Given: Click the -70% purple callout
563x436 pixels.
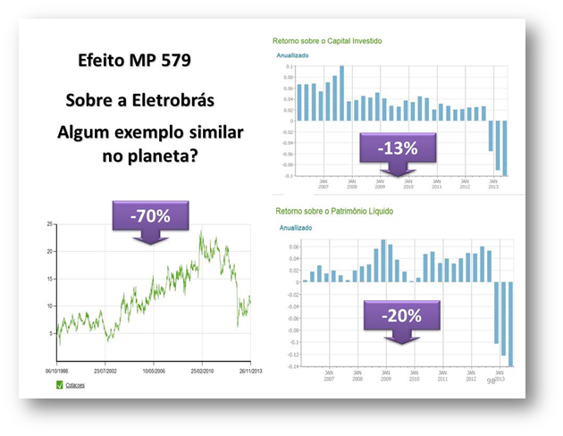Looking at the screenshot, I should (x=150, y=216).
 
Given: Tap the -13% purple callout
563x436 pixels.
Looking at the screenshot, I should (x=398, y=148).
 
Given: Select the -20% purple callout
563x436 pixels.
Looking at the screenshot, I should (x=399, y=315).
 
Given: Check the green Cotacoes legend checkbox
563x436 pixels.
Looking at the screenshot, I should (x=60, y=385).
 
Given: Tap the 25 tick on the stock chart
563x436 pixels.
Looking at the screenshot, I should (x=50, y=223).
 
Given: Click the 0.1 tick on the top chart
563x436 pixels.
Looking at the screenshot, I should (x=289, y=66).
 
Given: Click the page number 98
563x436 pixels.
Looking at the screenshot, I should (x=491, y=381).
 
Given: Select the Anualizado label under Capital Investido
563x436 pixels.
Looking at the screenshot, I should (x=292, y=55).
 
